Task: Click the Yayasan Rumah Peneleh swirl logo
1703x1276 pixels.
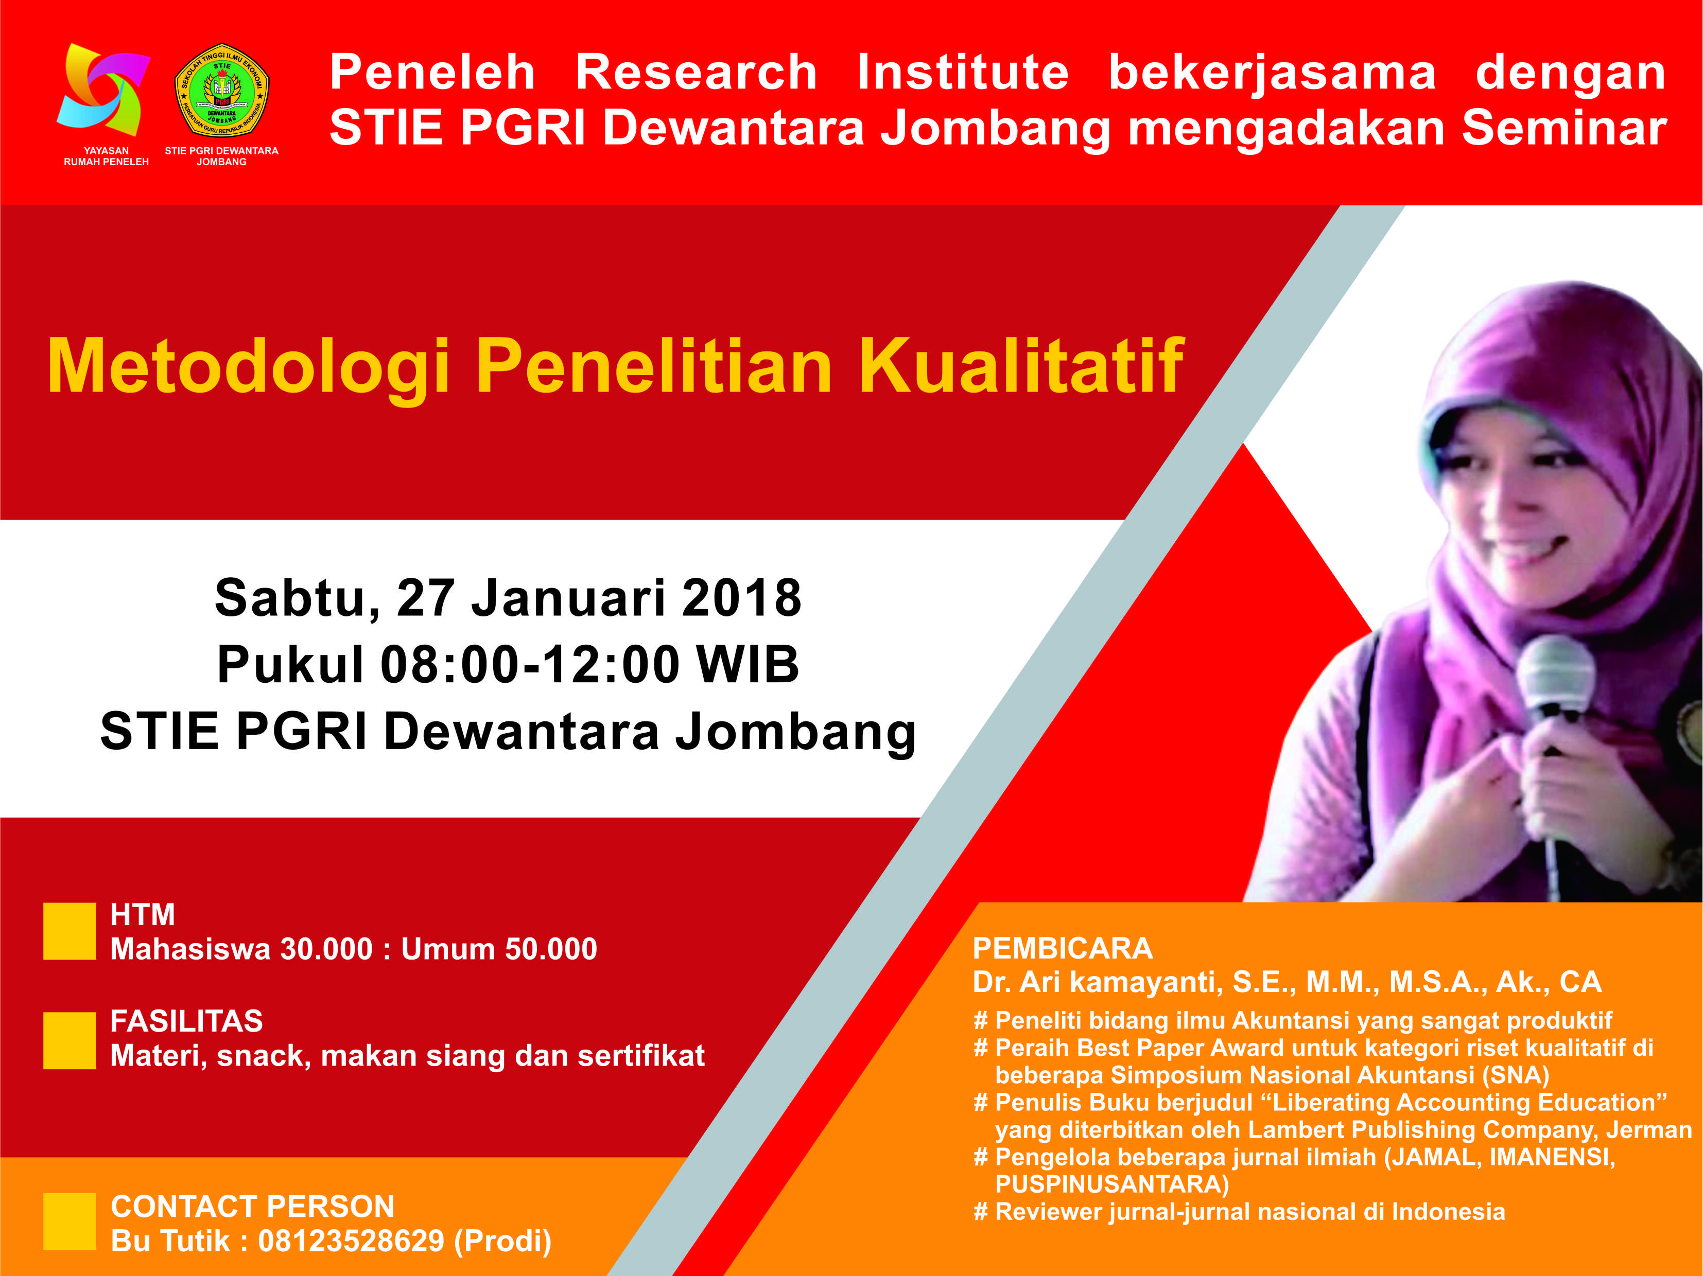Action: click(103, 90)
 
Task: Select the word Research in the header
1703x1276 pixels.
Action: click(696, 73)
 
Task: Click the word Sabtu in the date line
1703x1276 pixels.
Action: click(297, 599)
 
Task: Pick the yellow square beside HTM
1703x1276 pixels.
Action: click(69, 931)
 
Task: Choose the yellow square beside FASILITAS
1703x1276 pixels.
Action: click(69, 1040)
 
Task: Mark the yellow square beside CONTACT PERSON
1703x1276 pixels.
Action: click(69, 1221)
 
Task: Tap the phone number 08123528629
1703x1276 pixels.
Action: click(351, 1240)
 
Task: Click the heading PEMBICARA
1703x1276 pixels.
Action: click(1063, 948)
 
